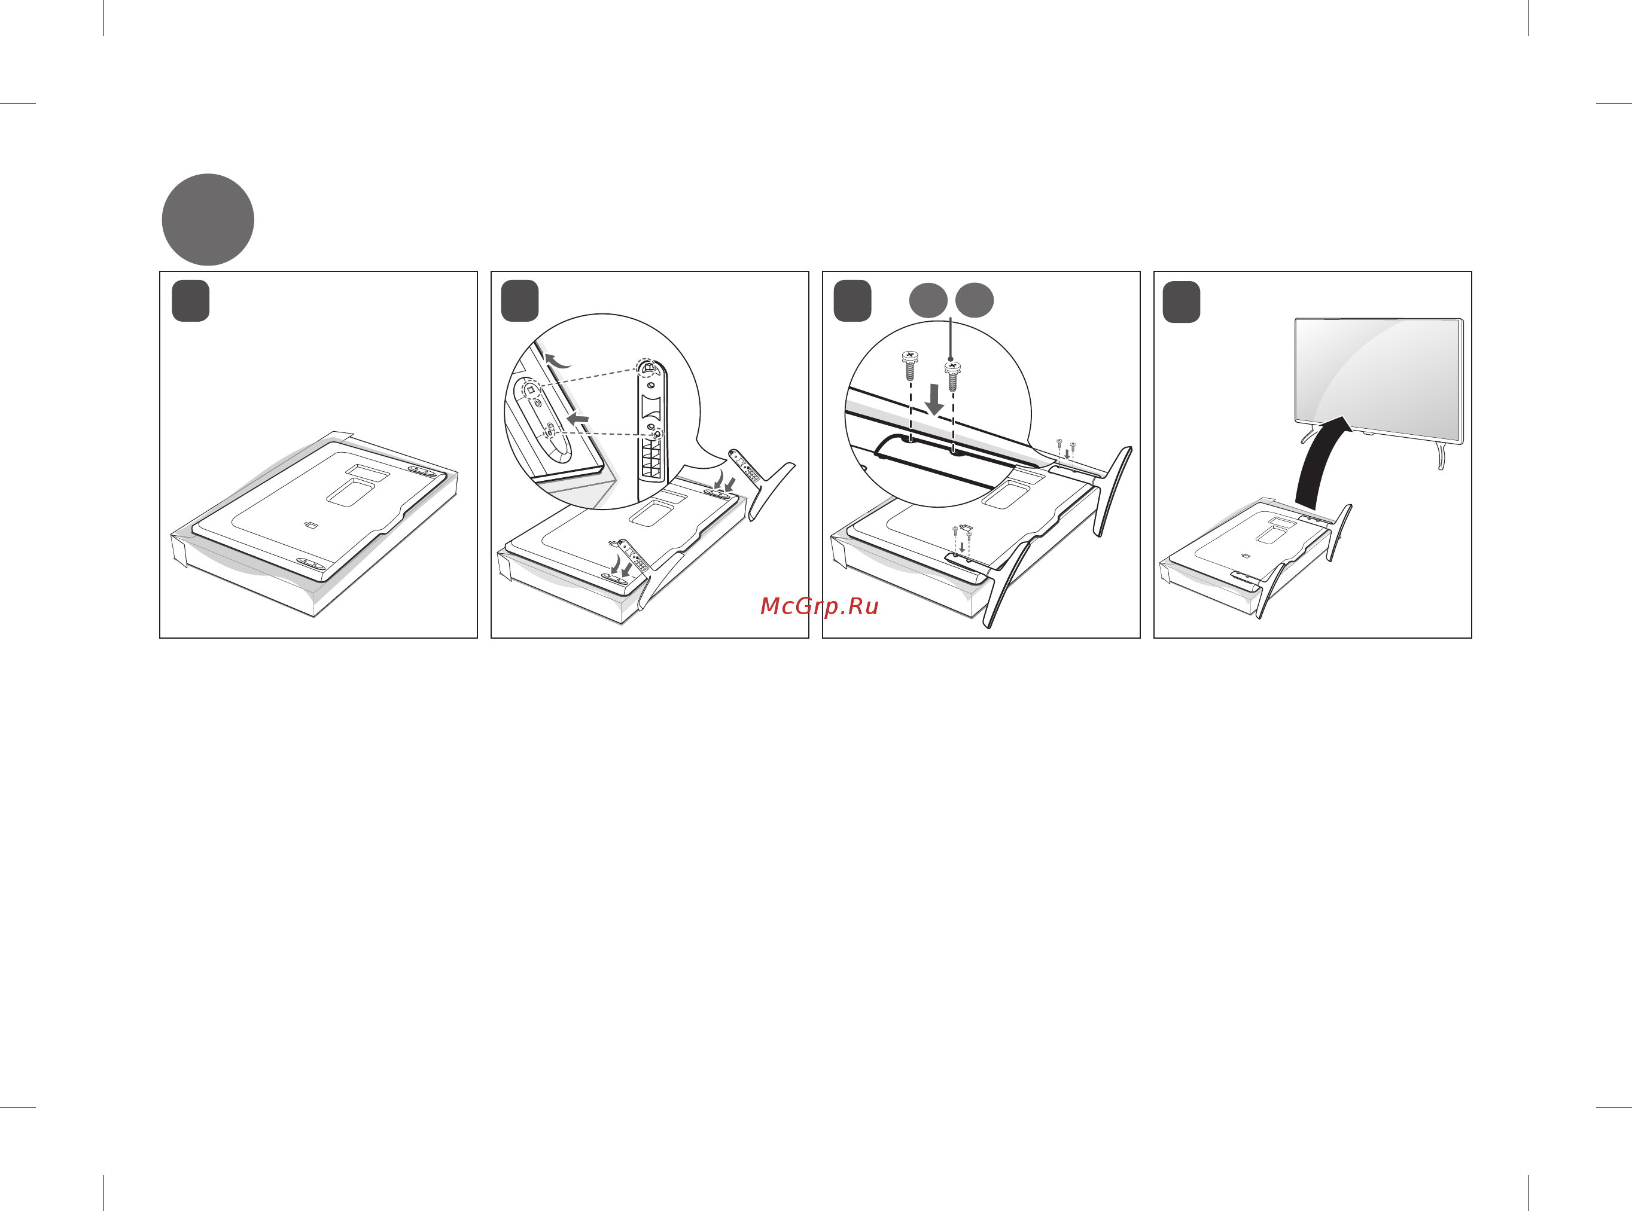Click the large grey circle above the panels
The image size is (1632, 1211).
208,219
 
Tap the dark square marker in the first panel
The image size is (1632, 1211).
191,301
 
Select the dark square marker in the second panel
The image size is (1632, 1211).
520,301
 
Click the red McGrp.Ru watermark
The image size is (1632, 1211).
819,607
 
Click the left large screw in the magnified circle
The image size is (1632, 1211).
910,365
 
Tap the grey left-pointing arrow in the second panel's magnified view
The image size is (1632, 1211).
578,419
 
